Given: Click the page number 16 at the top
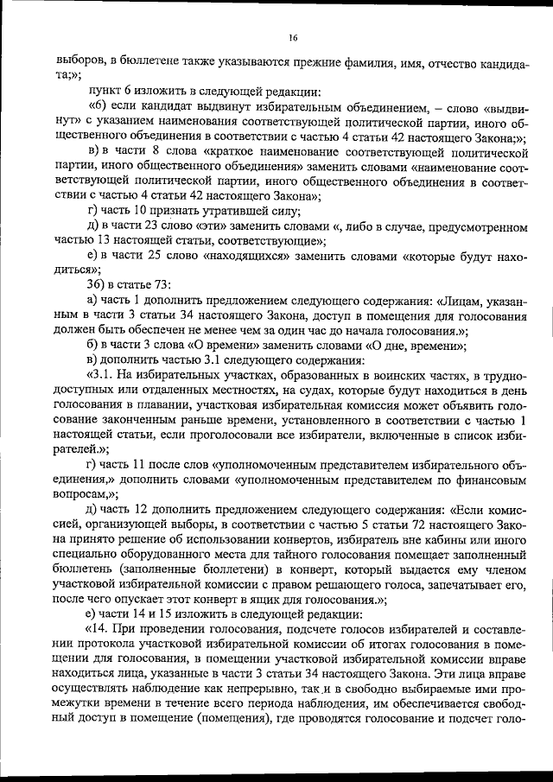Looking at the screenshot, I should click(x=293, y=36).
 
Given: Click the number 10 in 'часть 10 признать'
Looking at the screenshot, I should click(x=143, y=211).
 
